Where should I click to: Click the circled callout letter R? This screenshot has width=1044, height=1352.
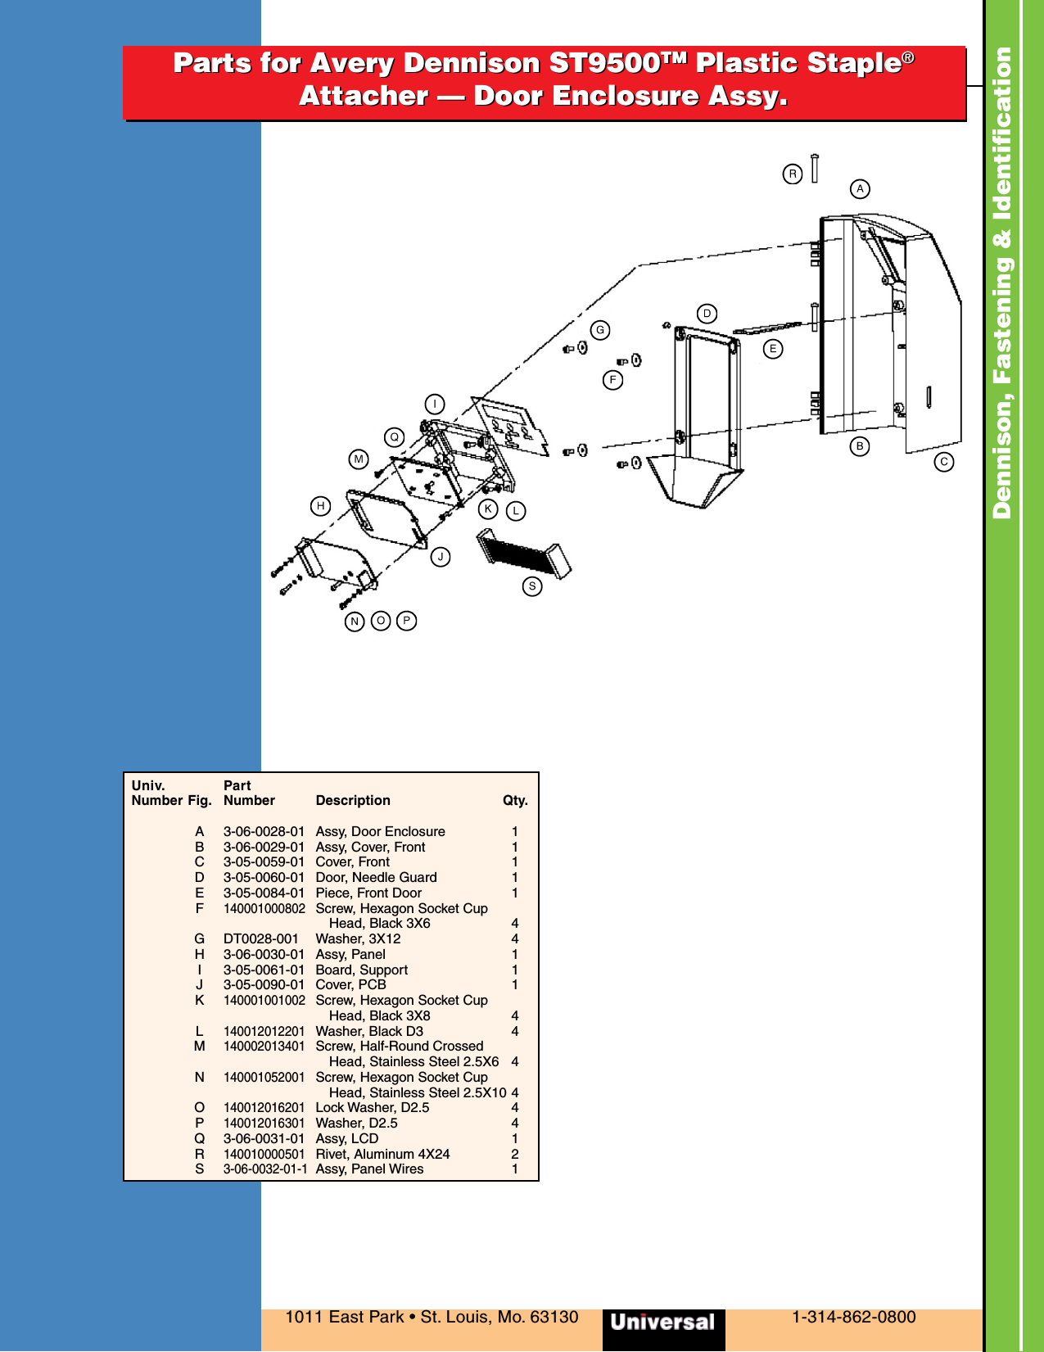click(792, 174)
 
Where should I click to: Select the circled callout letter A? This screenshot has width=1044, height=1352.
click(859, 189)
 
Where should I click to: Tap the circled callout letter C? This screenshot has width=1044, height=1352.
click(943, 462)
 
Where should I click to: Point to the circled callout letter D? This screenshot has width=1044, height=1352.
click(707, 314)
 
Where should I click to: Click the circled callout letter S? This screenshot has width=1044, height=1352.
click(532, 586)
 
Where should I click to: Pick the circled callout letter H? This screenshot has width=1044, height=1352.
click(320, 506)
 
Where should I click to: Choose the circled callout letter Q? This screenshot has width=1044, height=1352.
click(394, 437)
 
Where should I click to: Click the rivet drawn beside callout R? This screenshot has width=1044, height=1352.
click(814, 168)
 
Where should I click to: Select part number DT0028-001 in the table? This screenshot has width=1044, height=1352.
click(261, 939)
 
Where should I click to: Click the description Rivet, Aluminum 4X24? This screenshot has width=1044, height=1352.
click(382, 1155)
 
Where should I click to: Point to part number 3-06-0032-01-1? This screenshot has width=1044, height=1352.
click(265, 1169)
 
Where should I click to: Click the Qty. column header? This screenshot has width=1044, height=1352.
click(515, 801)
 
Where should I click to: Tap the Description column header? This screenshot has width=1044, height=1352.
click(353, 801)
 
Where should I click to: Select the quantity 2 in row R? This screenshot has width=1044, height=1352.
click(515, 1155)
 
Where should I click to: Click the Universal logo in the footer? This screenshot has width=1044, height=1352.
click(663, 1322)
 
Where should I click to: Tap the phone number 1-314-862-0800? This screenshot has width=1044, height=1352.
click(853, 1318)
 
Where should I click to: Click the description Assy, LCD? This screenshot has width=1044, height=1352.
click(347, 1139)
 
